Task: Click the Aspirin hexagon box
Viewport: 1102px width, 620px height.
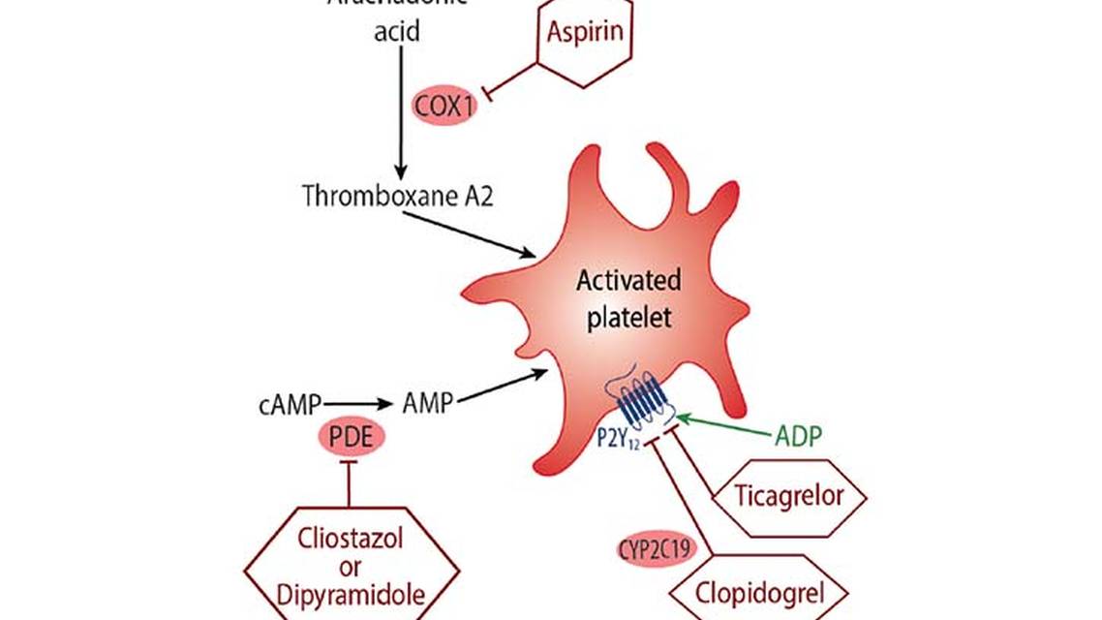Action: [x=584, y=33]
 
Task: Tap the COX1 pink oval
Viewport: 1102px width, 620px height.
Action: [x=444, y=106]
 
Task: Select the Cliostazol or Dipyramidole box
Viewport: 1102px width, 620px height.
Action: [x=350, y=561]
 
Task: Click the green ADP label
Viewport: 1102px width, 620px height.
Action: [x=798, y=436]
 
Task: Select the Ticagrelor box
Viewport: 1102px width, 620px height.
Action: [x=789, y=497]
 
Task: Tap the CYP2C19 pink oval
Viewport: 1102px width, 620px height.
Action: [x=655, y=549]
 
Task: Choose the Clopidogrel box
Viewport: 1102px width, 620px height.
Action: [x=759, y=592]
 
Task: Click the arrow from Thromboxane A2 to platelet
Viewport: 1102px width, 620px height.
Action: [x=469, y=233]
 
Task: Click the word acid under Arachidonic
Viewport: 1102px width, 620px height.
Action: [x=397, y=32]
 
